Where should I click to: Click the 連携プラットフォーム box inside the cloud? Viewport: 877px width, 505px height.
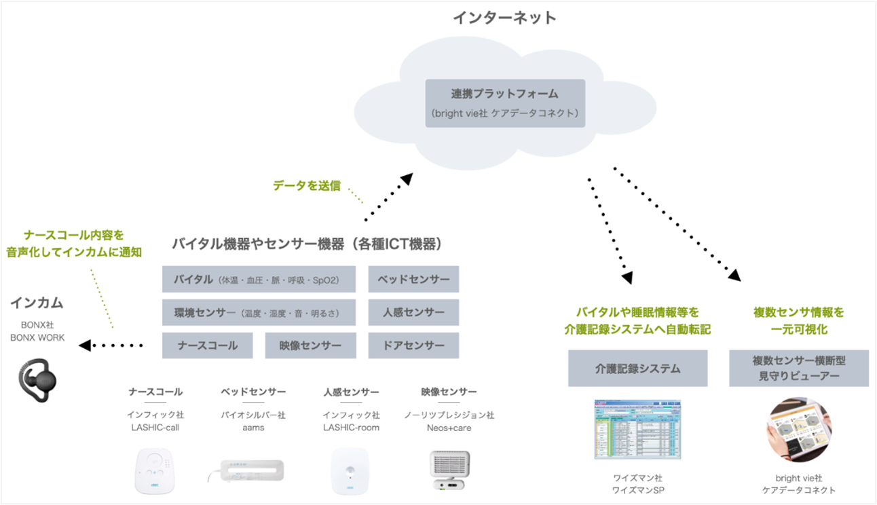[x=505, y=103]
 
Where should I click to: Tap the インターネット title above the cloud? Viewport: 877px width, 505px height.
[x=504, y=18]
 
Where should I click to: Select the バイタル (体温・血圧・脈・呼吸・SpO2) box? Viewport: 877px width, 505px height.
[x=259, y=279]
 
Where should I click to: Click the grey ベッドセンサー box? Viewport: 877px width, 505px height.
[x=413, y=279]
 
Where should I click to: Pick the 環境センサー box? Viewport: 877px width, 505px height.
[x=259, y=312]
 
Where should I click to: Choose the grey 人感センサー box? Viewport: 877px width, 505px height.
[x=413, y=312]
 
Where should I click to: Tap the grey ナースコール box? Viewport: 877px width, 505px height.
[x=208, y=345]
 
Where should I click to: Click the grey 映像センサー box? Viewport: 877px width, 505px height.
[x=310, y=345]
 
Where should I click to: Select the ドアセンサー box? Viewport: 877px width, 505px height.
[x=413, y=345]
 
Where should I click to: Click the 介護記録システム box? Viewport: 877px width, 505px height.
[x=638, y=369]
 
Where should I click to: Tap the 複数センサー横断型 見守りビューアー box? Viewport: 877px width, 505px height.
[x=799, y=369]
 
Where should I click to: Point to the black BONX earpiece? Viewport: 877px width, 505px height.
[x=37, y=380]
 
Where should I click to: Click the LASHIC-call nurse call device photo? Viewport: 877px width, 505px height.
[x=155, y=471]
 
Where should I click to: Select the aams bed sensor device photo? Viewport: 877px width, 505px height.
[x=246, y=470]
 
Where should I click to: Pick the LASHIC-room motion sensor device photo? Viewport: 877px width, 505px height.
[x=350, y=471]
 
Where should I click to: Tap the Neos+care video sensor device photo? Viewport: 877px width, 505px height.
[x=449, y=470]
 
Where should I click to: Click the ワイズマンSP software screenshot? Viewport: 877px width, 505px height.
[x=638, y=430]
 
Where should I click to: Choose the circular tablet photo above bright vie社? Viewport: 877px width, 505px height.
[x=799, y=430]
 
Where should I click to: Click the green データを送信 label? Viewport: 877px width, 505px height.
[x=307, y=185]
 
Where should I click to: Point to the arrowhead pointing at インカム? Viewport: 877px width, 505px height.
[x=85, y=345]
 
